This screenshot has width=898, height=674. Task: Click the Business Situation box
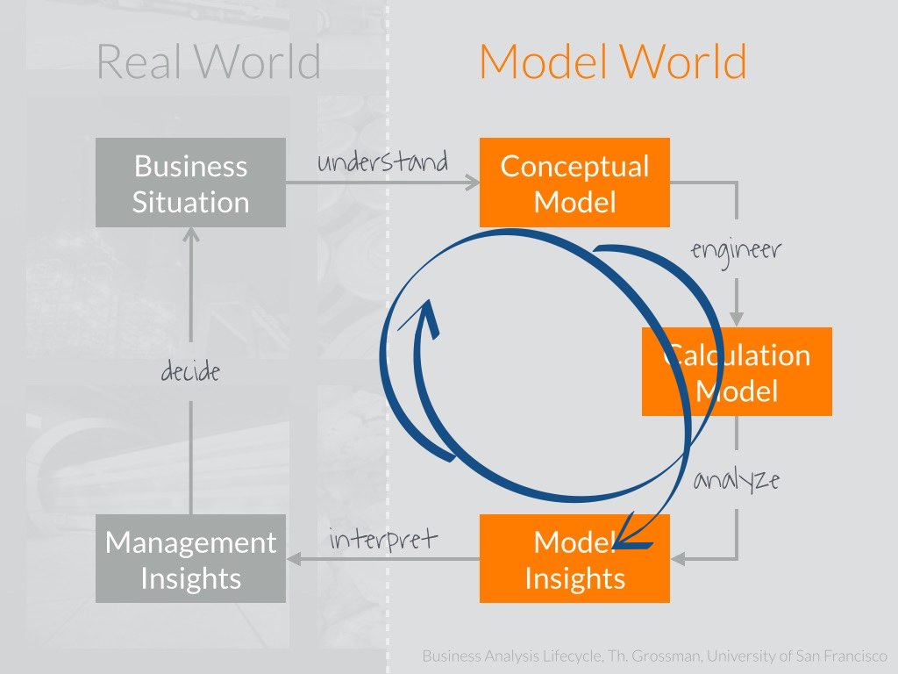point(190,183)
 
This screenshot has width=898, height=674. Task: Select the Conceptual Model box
point(574,183)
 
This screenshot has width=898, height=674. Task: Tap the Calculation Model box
point(737,371)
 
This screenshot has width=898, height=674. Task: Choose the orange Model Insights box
point(574,559)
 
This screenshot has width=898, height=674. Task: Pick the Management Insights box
point(190,559)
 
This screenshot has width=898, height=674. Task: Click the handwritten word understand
point(382,162)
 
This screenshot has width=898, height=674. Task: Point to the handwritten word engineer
point(736,251)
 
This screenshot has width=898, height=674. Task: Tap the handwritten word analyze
point(736,481)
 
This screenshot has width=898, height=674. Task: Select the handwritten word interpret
point(382,539)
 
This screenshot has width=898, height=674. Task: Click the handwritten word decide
point(190,372)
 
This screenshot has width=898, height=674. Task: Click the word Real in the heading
point(140,62)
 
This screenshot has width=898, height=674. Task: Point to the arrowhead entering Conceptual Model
point(474,183)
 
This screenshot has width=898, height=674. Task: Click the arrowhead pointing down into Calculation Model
point(737,320)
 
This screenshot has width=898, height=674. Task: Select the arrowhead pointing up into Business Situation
point(190,234)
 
